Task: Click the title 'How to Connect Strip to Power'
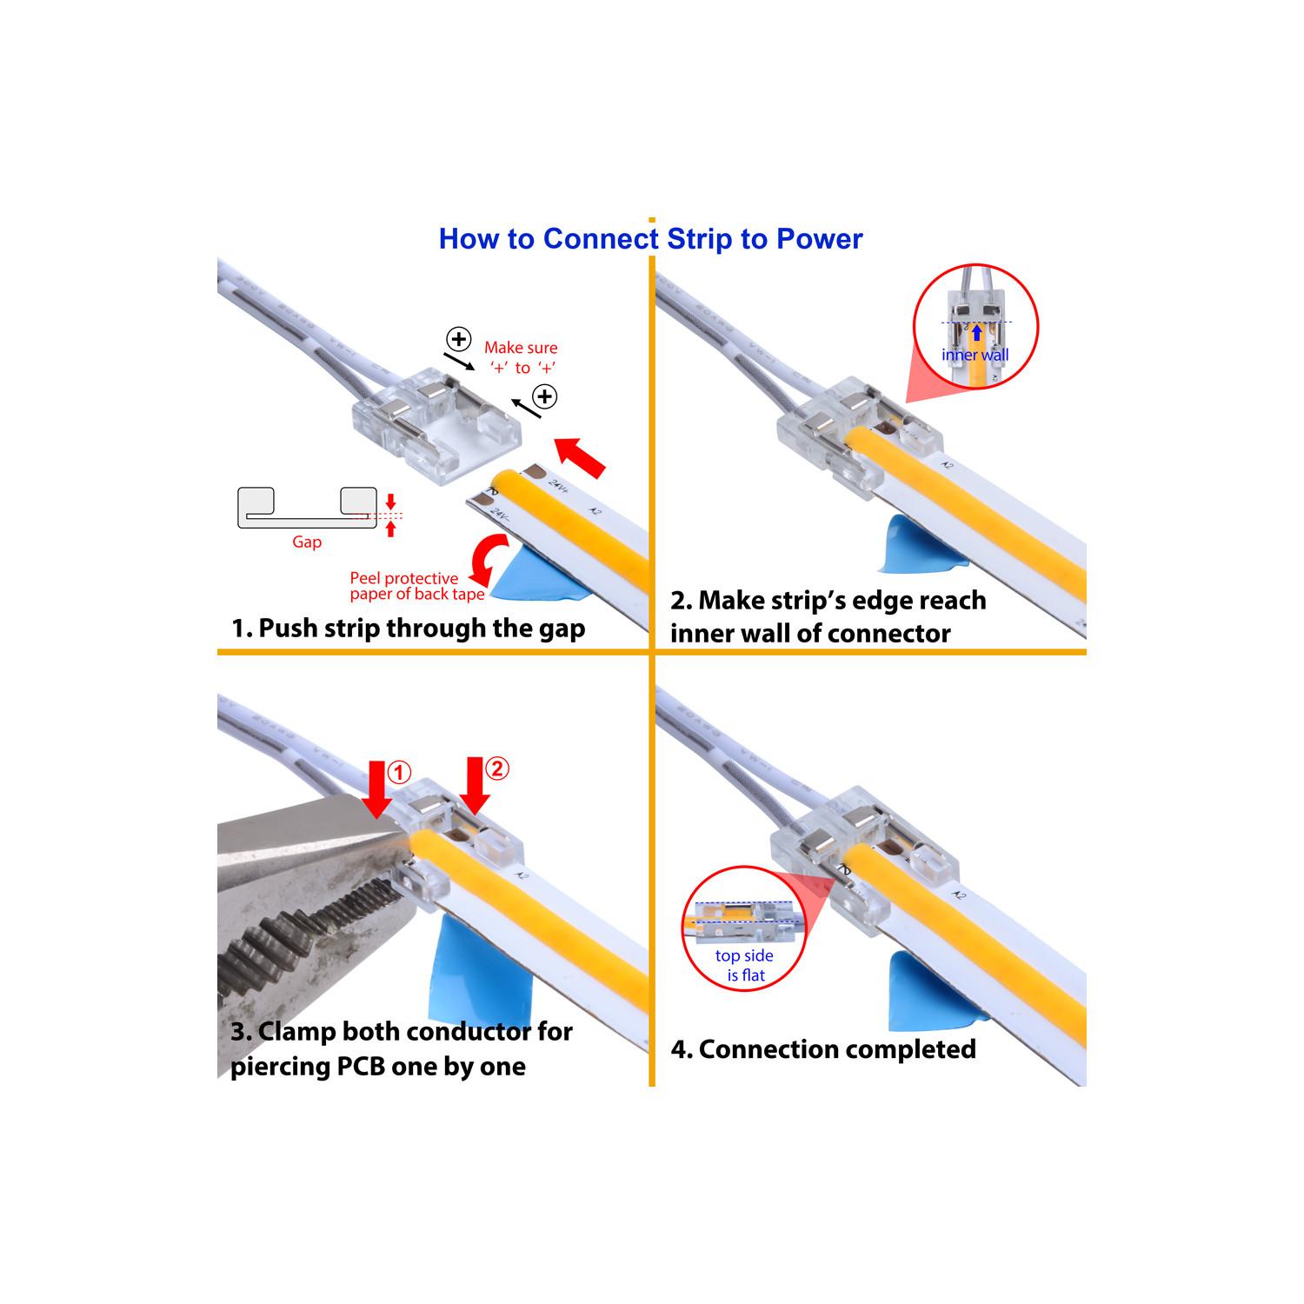point(650,239)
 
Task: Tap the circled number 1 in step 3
point(398,772)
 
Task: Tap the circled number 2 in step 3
point(496,768)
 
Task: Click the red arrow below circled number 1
point(376,788)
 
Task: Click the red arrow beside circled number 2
point(475,784)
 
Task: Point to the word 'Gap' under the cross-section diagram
point(307,542)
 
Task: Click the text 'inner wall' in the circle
point(975,355)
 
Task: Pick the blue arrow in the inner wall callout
point(976,333)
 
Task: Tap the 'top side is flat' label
point(745,965)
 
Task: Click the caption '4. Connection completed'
point(823,1049)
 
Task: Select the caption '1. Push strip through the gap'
point(408,628)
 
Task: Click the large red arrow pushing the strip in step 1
point(580,457)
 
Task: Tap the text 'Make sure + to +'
point(522,357)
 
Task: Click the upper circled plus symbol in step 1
point(458,338)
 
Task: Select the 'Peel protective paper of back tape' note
point(417,586)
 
